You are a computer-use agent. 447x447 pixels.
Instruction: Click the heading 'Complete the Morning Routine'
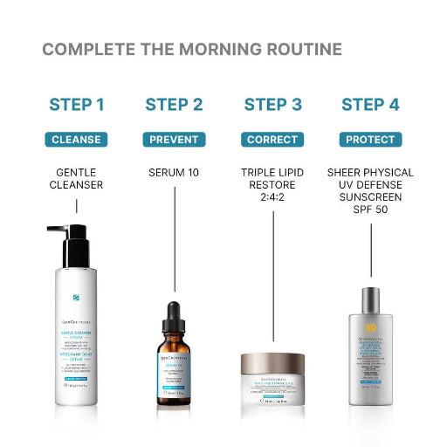click(x=192, y=49)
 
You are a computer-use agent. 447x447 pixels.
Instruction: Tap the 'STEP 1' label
click(x=77, y=105)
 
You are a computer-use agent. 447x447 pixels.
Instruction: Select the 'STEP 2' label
click(x=174, y=105)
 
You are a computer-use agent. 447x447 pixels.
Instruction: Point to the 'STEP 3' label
click(x=272, y=105)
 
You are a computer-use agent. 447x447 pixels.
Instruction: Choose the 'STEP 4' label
click(x=370, y=105)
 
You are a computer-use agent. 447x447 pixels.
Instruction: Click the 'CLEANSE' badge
click(x=77, y=140)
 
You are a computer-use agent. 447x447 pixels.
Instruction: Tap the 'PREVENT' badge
click(x=174, y=140)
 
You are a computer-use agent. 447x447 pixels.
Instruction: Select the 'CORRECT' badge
click(x=272, y=140)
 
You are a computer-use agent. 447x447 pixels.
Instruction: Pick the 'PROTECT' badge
click(x=370, y=140)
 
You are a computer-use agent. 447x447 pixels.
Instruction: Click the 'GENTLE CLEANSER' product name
click(x=77, y=179)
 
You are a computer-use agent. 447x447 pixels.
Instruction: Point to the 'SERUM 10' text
click(x=174, y=173)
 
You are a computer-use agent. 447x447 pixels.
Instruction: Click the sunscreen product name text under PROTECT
click(x=370, y=191)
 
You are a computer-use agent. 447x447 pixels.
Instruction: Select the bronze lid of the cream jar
click(x=273, y=361)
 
